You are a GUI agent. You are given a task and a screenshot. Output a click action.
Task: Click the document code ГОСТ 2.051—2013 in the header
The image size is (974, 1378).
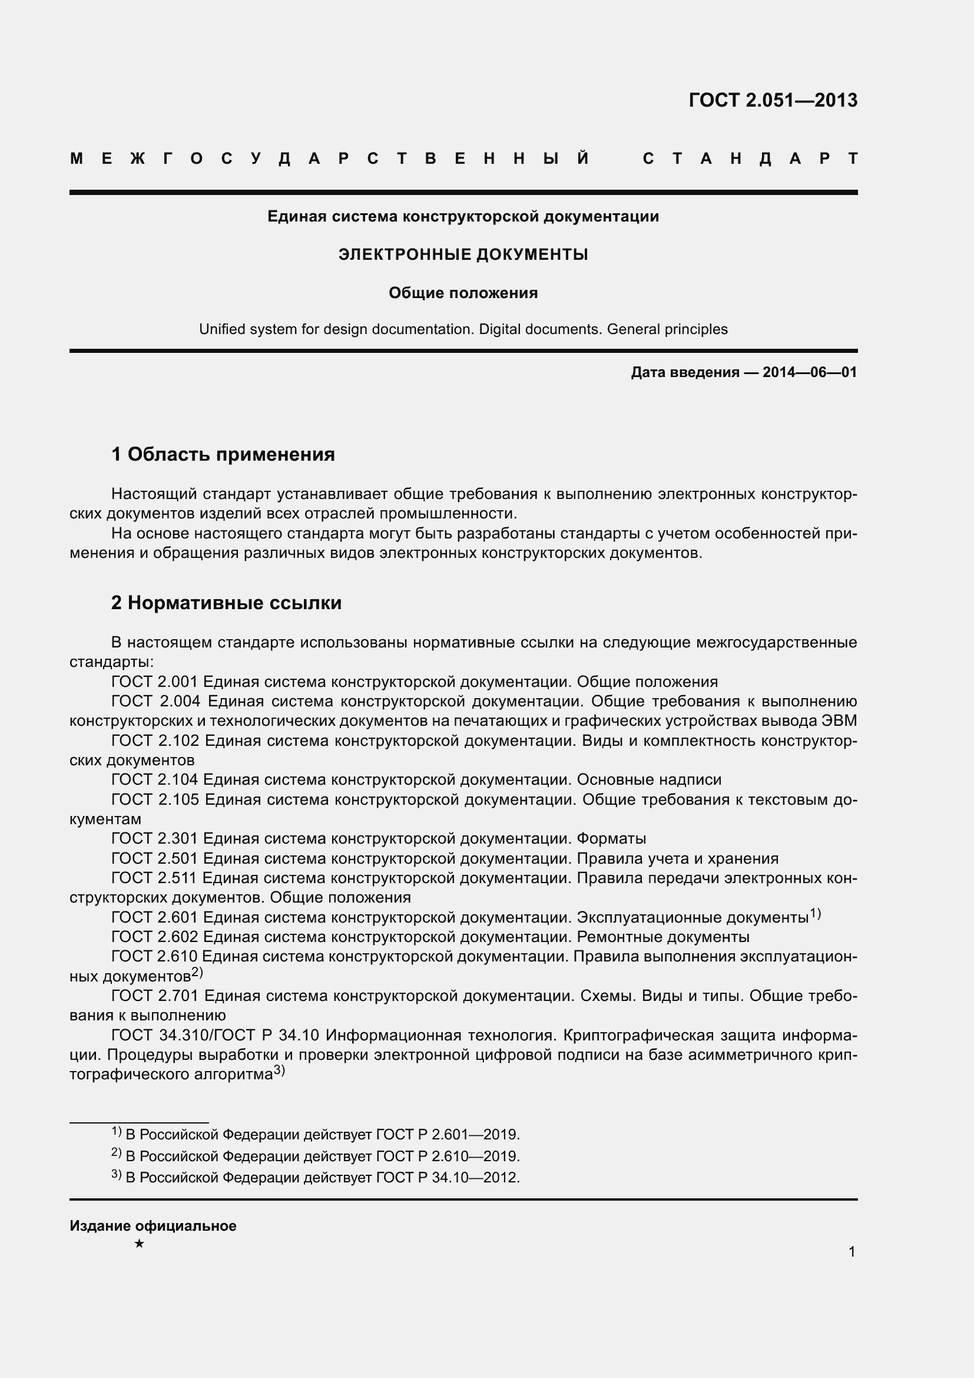(773, 100)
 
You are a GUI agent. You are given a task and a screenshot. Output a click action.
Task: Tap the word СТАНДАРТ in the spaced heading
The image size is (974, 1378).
(750, 159)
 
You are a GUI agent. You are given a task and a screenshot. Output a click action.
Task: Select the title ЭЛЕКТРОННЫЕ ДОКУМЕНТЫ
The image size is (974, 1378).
(463, 255)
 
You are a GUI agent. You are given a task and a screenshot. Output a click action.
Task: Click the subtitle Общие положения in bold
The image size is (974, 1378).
(463, 293)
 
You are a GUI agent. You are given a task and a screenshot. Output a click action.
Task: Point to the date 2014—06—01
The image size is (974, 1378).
(809, 372)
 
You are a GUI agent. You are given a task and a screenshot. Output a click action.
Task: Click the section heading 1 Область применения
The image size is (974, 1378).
(223, 454)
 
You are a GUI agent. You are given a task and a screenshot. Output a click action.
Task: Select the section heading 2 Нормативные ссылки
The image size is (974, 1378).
(226, 603)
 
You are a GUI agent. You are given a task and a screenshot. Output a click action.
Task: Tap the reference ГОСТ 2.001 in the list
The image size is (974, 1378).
(155, 682)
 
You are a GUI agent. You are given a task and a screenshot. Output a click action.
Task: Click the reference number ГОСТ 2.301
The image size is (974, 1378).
(155, 838)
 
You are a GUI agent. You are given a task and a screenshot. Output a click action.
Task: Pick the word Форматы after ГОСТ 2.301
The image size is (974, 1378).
(611, 838)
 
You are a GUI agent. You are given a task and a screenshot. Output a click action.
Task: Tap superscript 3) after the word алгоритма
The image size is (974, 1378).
(280, 1070)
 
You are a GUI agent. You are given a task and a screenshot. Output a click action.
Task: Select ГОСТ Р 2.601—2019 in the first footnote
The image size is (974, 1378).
(447, 1135)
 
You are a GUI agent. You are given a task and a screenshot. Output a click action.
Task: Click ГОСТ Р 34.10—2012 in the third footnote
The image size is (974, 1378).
(447, 1178)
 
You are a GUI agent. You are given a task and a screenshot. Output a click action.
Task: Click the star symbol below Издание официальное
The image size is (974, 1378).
(139, 1244)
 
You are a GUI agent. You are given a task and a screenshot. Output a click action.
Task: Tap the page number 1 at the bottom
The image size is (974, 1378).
(852, 1252)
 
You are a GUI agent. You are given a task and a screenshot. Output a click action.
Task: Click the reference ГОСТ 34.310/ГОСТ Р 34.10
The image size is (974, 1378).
(216, 1035)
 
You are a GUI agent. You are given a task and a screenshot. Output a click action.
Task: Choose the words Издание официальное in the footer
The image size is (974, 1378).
(153, 1226)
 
